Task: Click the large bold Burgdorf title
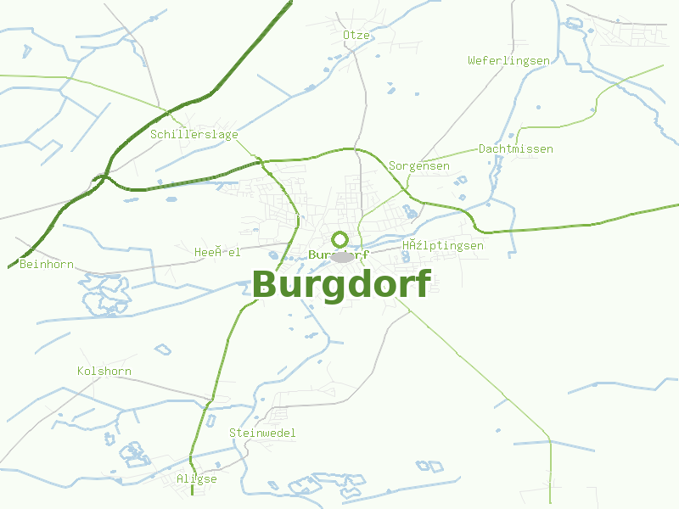tap(341, 284)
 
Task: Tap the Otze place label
tap(356, 35)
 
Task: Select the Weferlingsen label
tap(508, 60)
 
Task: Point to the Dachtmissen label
tap(515, 149)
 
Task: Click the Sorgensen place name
tap(418, 166)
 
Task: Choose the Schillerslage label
tap(194, 135)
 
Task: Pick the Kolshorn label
tap(104, 372)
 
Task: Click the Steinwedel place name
tap(262, 433)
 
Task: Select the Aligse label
tap(196, 479)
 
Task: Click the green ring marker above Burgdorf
tap(340, 239)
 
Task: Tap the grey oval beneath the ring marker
tap(342, 257)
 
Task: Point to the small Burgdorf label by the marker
tap(339, 255)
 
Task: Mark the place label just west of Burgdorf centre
tap(217, 252)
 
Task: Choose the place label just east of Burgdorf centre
tap(442, 246)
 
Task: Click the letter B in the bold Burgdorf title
tap(266, 284)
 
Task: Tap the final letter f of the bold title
tap(422, 282)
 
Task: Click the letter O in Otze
tap(346, 35)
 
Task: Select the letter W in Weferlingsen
tap(471, 60)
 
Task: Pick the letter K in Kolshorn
tap(81, 372)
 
